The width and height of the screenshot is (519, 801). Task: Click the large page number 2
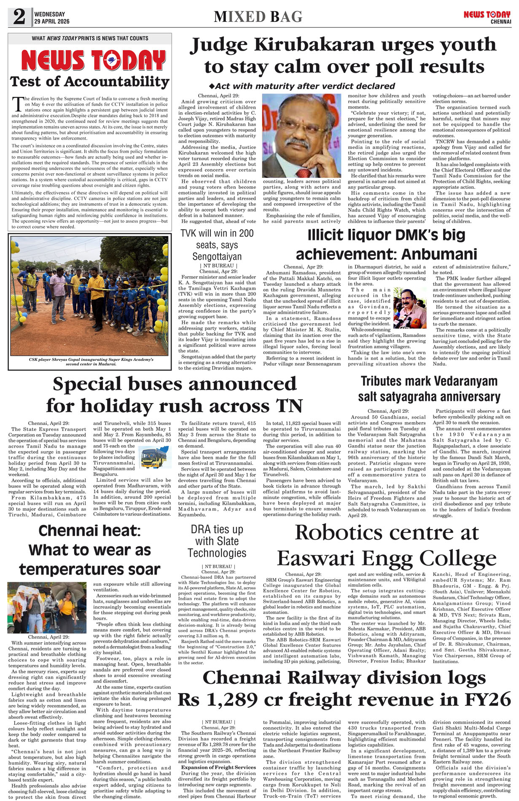click(x=19, y=17)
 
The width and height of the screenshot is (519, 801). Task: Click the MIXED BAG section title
click(x=258, y=17)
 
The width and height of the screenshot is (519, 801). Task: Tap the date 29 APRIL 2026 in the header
click(x=52, y=22)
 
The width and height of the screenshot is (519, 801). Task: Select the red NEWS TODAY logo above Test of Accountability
click(x=93, y=60)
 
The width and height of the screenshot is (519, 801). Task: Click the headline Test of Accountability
click(x=90, y=81)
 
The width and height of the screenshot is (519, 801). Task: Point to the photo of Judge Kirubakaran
click(x=301, y=136)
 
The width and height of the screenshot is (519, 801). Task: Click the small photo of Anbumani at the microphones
click(x=410, y=308)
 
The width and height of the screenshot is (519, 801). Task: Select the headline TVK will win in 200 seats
click(x=217, y=245)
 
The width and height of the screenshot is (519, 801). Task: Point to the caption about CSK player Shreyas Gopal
click(x=91, y=362)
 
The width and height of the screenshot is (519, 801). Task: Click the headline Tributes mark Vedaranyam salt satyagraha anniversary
click(x=429, y=389)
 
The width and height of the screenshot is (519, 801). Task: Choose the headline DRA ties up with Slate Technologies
click(x=217, y=541)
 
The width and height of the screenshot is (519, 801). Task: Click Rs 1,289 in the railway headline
click(x=219, y=699)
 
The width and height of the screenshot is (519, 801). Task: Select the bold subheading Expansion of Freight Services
click(x=218, y=767)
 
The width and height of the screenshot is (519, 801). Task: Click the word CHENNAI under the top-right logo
click(x=500, y=22)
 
